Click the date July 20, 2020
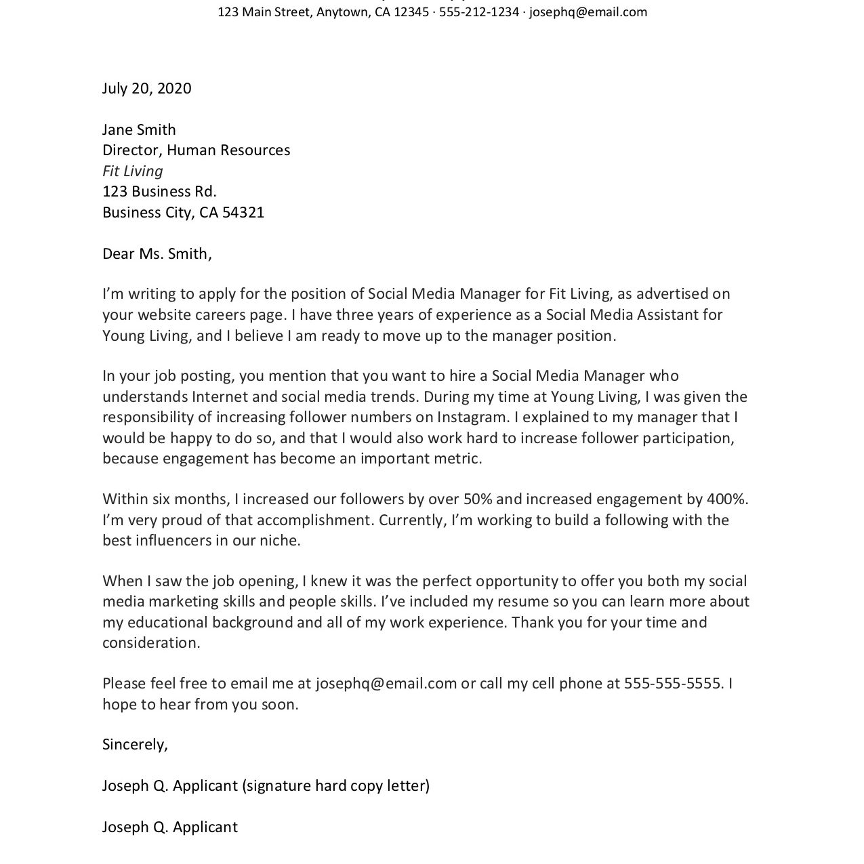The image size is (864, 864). click(146, 89)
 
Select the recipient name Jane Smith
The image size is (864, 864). click(139, 129)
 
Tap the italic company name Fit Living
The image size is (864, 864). click(133, 171)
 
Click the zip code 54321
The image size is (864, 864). click(243, 213)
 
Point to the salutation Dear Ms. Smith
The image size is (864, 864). click(157, 254)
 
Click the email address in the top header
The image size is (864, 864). click(588, 12)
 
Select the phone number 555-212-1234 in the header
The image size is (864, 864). click(478, 12)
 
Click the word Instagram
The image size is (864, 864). click(473, 417)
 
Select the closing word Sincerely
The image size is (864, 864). click(133, 745)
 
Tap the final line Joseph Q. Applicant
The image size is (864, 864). click(170, 827)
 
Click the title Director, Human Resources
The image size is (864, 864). click(196, 150)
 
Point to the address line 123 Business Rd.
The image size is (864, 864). click(159, 192)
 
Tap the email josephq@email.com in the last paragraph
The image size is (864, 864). click(386, 684)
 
